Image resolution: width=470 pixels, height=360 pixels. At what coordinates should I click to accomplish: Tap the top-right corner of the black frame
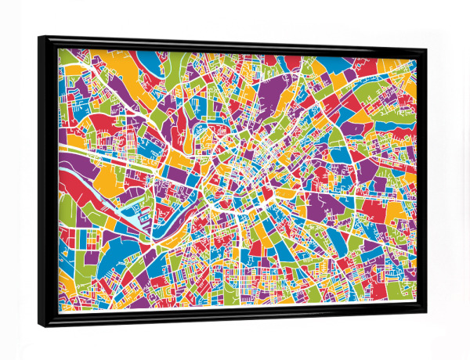427,49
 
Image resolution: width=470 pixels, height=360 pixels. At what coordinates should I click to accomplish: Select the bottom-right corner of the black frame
425,314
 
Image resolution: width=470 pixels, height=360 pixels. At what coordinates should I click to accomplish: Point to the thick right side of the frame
421,180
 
